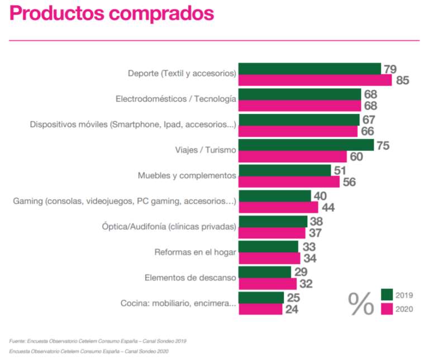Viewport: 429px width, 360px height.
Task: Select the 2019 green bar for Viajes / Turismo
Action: tap(306, 145)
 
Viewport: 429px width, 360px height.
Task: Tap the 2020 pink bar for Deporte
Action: tap(316, 80)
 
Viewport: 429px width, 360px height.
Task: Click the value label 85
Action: tap(403, 80)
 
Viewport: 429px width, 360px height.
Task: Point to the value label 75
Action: tap(383, 145)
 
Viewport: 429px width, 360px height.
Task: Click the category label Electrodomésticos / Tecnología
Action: tap(176, 99)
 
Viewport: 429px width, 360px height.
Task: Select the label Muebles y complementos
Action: tap(187, 175)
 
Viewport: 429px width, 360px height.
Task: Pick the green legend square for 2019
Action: tap(387, 294)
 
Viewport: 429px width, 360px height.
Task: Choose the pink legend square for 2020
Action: tap(387, 308)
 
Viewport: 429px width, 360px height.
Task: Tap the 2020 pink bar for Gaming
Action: tap(278, 207)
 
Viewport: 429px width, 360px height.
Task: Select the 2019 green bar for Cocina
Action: tap(261, 297)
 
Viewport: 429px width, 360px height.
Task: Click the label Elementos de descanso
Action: tap(190, 277)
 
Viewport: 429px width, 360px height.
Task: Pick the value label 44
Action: tap(328, 207)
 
